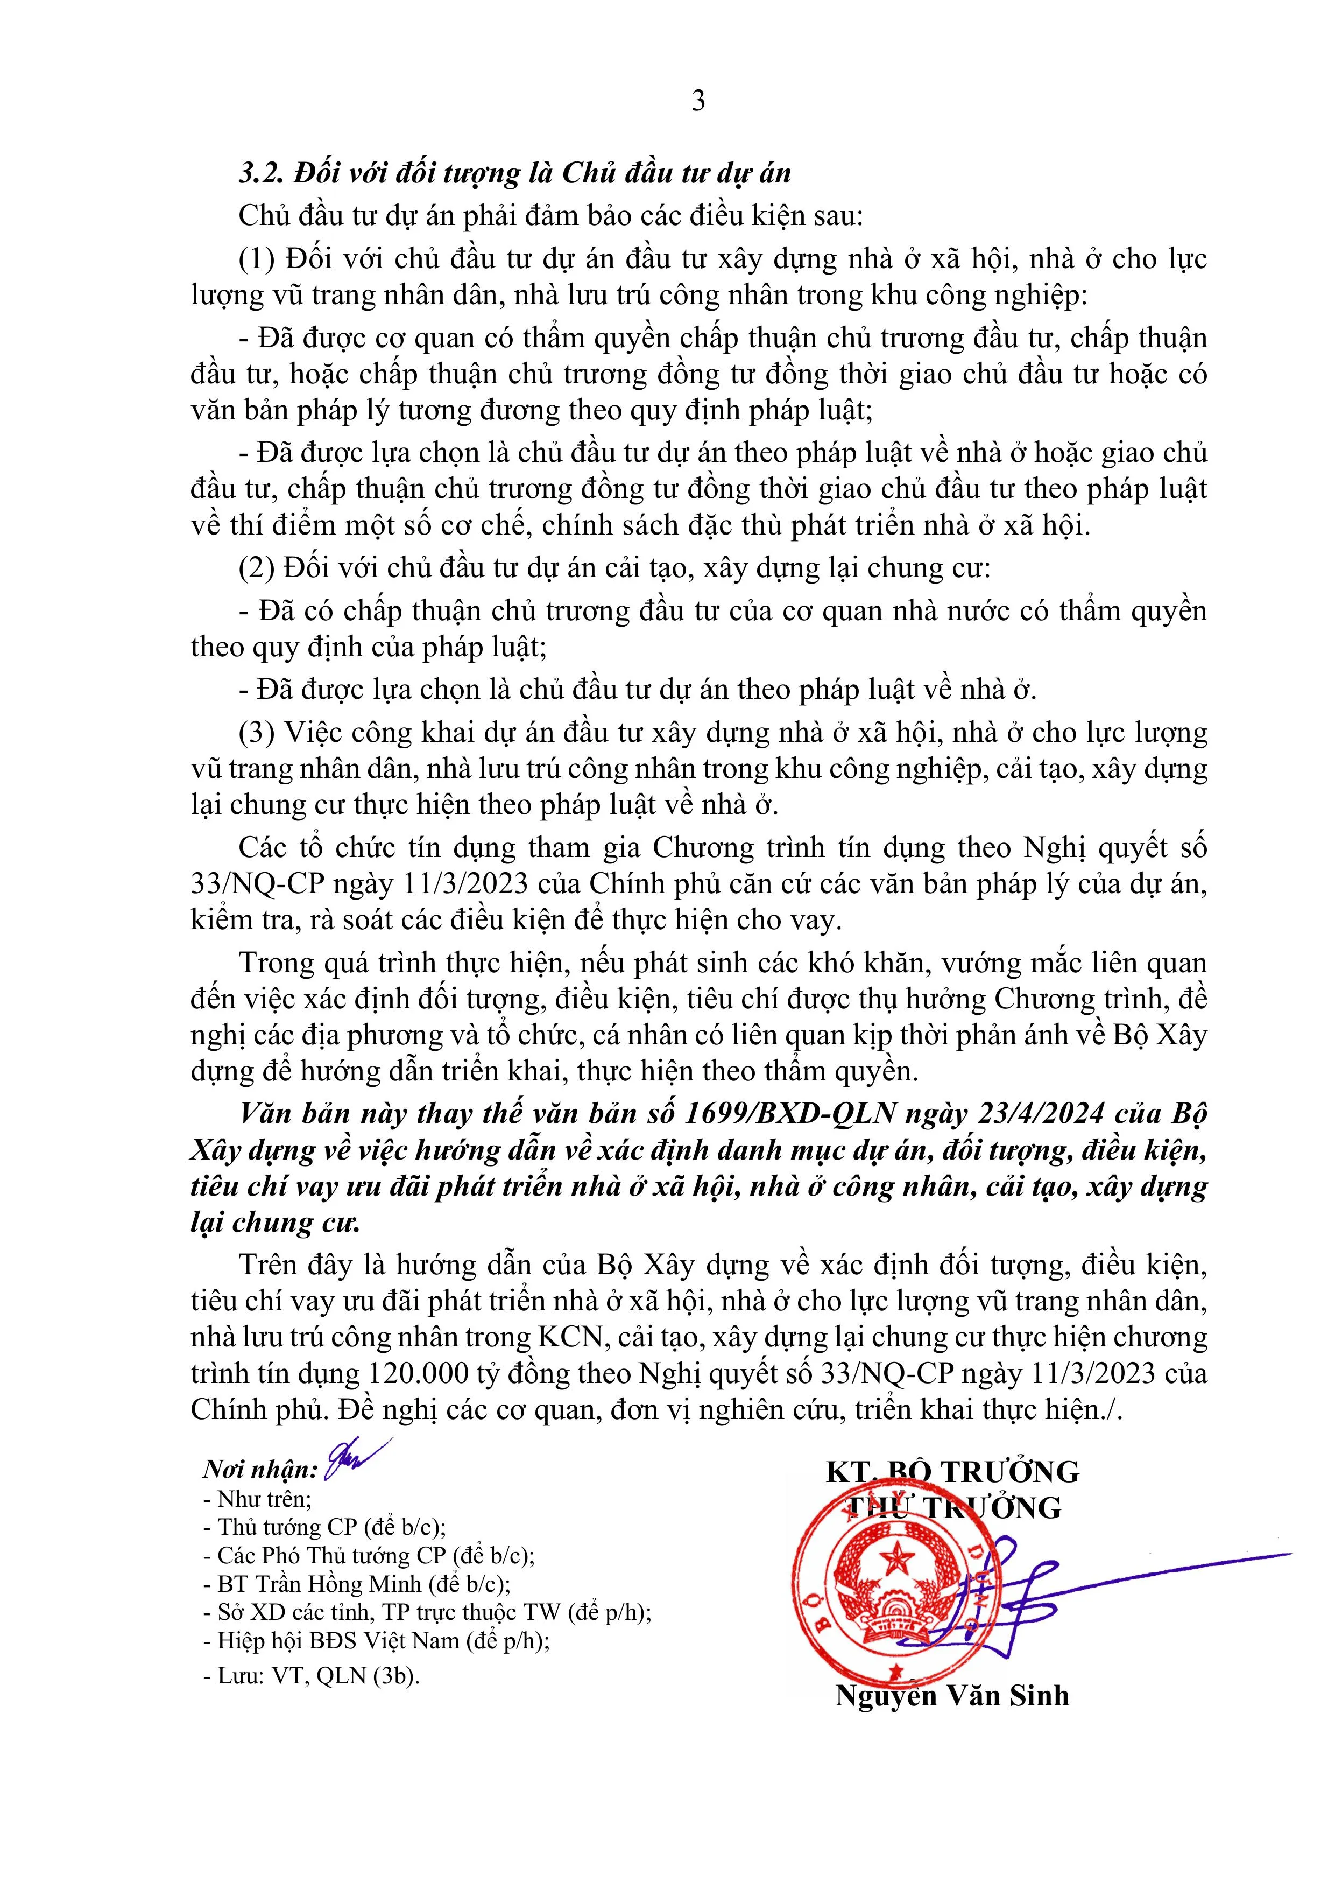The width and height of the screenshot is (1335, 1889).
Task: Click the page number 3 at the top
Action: [698, 101]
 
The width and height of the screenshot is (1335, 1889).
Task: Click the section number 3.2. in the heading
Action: [262, 173]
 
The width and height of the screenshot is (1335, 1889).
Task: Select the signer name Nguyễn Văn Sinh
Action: [952, 1696]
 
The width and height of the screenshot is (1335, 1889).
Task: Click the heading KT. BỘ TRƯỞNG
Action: [952, 1471]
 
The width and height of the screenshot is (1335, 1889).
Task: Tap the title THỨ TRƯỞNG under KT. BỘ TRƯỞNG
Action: [954, 1507]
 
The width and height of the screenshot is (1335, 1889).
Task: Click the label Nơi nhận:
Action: [261, 1470]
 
